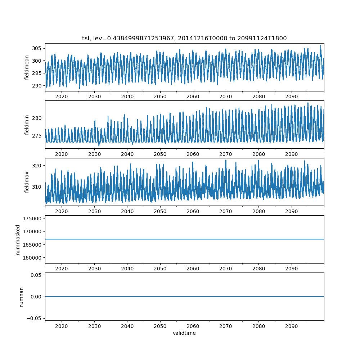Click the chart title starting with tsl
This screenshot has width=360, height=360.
point(184,39)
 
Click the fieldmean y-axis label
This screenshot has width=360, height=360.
point(27,68)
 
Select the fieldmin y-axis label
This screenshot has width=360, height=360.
point(27,125)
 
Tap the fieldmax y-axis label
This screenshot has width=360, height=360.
point(27,182)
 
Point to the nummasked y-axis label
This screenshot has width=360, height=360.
point(18,240)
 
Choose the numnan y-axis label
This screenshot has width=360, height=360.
point(21,297)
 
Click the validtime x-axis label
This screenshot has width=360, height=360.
point(184,333)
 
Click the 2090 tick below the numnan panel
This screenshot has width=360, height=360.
point(291,326)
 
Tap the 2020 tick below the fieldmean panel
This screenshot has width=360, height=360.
point(62,97)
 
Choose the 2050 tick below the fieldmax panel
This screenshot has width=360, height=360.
point(160,212)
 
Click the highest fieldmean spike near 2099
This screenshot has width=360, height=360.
point(321,46)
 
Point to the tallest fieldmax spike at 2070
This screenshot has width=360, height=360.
point(226,160)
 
